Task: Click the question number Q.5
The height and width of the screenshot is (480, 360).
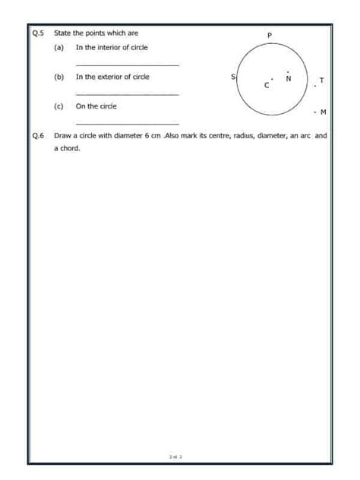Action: click(39, 33)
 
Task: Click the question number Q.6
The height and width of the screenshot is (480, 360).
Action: click(39, 137)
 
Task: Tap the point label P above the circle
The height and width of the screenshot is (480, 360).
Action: click(269, 35)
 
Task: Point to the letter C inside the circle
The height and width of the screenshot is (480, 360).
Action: click(266, 85)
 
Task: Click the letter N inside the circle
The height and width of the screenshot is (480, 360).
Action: click(288, 79)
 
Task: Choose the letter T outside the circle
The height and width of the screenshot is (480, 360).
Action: click(322, 79)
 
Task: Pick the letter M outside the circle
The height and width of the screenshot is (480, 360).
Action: click(324, 112)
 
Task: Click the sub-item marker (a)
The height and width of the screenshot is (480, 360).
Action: click(58, 47)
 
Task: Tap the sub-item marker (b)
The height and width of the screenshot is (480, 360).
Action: click(58, 77)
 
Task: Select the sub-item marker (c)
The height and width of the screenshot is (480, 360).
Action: click(58, 106)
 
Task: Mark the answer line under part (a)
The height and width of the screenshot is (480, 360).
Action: click(128, 65)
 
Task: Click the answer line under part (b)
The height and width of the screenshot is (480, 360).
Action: click(128, 94)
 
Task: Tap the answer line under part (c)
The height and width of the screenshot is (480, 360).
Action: click(128, 123)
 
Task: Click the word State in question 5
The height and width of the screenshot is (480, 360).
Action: click(62, 33)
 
